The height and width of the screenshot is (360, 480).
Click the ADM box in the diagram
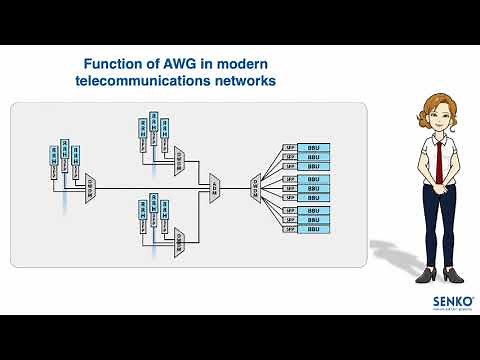[x=215, y=187]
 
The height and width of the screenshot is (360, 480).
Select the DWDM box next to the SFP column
[x=255, y=187]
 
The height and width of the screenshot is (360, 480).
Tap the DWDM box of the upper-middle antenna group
[x=179, y=158]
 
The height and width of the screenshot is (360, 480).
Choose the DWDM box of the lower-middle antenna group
[x=179, y=239]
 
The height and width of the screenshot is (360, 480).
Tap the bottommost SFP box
[x=289, y=229]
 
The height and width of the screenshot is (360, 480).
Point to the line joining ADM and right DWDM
[x=235, y=187]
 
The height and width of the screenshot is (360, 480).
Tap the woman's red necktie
[x=437, y=157]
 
